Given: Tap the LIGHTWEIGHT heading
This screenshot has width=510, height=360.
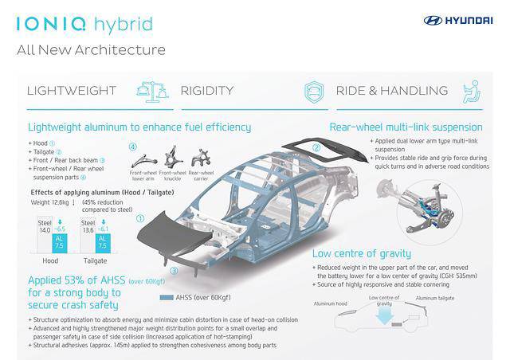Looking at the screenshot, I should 72,91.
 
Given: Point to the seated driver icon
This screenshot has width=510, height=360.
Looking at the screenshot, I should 472,91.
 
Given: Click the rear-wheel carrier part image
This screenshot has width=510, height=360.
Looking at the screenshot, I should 199,157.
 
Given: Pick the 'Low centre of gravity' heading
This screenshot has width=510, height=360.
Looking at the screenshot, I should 367,252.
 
